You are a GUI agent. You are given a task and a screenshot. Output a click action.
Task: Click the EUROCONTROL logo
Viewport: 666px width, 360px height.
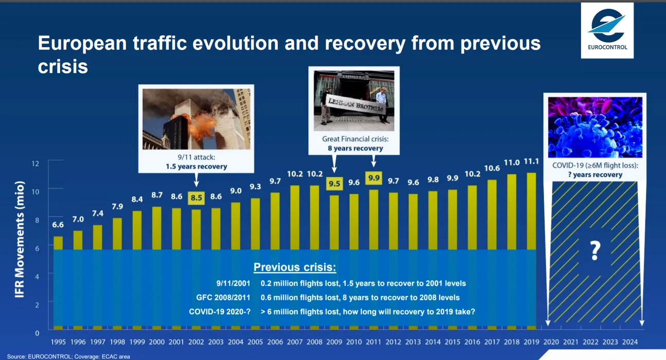click(607, 30)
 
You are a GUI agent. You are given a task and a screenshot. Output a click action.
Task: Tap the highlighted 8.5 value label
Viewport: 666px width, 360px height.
click(196, 198)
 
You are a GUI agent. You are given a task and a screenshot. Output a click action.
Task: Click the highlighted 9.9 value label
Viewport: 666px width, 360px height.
click(374, 178)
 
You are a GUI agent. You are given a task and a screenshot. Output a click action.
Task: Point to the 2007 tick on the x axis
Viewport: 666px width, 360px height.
click(295, 342)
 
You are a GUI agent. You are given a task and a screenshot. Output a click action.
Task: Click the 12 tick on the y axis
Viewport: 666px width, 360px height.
click(35, 164)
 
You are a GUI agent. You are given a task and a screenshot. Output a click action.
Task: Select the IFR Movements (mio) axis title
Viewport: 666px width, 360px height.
click(20, 239)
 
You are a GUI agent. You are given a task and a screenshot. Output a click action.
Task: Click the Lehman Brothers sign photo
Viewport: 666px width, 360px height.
click(354, 101)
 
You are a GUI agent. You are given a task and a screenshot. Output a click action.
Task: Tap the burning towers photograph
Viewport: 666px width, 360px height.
click(196, 119)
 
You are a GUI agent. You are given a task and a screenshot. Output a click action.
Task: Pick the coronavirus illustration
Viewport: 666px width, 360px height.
click(595, 127)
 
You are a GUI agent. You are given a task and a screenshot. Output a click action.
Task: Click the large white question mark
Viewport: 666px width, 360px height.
click(595, 251)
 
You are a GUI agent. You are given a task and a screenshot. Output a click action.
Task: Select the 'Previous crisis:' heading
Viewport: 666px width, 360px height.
click(295, 267)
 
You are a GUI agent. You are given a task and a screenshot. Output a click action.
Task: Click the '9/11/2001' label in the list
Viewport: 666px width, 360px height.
click(233, 283)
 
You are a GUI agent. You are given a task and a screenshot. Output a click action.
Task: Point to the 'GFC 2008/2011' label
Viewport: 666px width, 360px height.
click(223, 298)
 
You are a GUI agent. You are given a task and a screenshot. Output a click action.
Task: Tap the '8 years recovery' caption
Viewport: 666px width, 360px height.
click(355, 148)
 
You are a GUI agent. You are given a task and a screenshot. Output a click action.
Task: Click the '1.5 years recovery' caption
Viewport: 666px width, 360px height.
click(196, 167)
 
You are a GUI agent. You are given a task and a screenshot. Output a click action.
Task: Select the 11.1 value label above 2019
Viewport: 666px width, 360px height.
click(531, 161)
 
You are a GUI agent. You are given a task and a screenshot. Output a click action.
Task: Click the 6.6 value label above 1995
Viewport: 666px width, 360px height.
click(58, 225)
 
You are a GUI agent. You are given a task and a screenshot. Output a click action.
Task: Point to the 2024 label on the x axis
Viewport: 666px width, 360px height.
click(629, 342)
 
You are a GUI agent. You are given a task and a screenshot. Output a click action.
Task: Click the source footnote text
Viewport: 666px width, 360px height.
click(68, 356)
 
